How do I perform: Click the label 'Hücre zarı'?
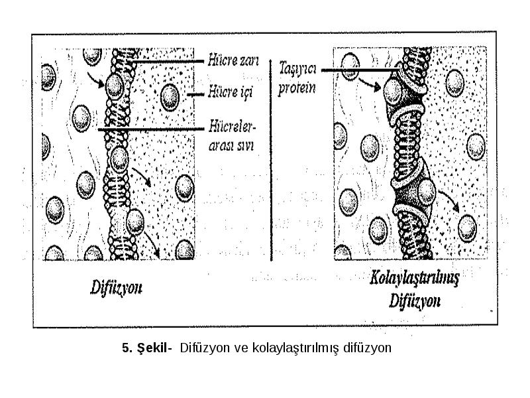tap(233, 60)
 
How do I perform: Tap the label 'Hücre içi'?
tap(231, 92)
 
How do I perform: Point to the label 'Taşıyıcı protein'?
tap(297, 78)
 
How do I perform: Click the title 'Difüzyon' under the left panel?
tap(116, 289)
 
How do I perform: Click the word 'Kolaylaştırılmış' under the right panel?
tap(415, 279)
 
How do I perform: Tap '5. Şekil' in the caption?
tap(144, 348)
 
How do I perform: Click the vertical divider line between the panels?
tap(271, 160)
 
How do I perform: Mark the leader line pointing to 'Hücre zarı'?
tap(168, 62)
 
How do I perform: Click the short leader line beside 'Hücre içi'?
tap(195, 94)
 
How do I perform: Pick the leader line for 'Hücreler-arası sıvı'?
tap(151, 129)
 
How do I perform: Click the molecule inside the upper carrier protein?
tap(393, 91)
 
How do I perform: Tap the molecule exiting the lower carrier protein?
tap(427, 192)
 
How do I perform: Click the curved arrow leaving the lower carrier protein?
tap(449, 201)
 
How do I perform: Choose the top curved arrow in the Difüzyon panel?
tap(95, 80)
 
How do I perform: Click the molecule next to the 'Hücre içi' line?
tap(170, 97)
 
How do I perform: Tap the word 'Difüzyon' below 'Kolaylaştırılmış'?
tap(415, 300)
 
